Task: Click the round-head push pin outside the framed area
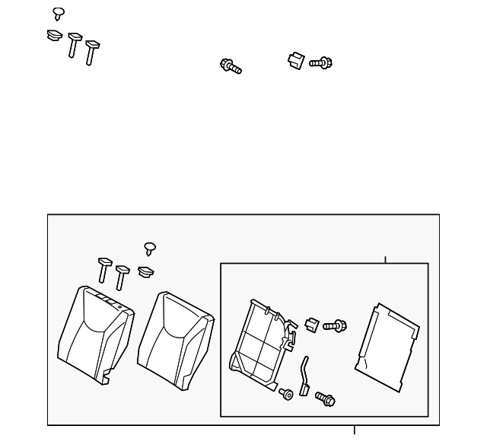coord(59,13)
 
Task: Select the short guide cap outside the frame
coord(53,35)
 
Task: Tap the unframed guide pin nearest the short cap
coord(74,45)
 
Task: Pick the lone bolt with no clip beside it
coord(231,66)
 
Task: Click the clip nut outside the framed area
coord(295,60)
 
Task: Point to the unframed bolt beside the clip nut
coord(321,62)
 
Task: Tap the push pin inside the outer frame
coord(150,248)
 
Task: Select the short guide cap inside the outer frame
coord(145,271)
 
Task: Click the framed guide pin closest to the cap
coord(123,277)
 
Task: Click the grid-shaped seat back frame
coord(261,342)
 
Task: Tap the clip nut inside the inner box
coord(310,324)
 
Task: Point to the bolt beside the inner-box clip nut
coord(335,325)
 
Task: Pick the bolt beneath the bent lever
coord(325,398)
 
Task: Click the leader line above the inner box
coord(385,259)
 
